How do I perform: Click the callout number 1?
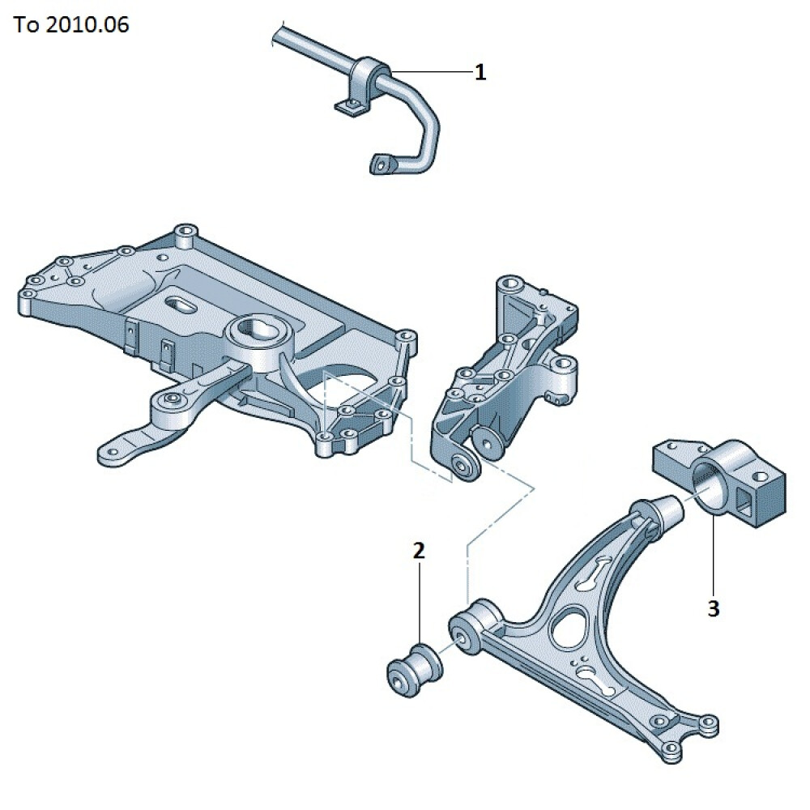coord(480,72)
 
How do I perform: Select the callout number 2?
coord(419,551)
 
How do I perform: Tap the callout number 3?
coord(714,608)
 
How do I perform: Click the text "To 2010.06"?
coord(71,25)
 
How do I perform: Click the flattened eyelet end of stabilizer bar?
coord(383,164)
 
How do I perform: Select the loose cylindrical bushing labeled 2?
coord(414,670)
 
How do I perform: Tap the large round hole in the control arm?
coord(569,627)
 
